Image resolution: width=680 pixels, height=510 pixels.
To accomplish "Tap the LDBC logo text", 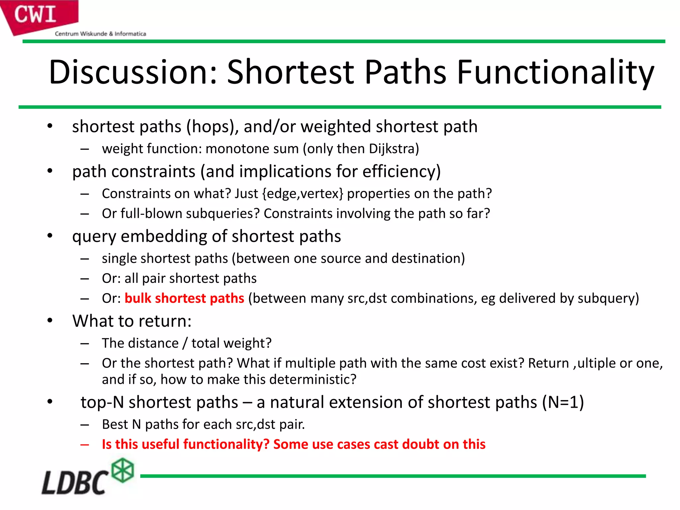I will [x=75, y=482].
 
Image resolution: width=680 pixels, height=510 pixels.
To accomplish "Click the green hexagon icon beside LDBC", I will [x=123, y=470].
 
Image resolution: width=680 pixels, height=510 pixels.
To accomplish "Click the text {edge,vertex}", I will [x=302, y=194].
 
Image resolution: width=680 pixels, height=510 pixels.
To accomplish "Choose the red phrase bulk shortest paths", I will [x=184, y=298].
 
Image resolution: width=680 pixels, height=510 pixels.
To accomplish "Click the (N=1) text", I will [x=563, y=402].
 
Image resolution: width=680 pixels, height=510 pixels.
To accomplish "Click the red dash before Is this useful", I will [x=85, y=445].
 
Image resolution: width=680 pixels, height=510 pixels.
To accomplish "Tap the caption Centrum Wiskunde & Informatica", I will [x=100, y=34].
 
